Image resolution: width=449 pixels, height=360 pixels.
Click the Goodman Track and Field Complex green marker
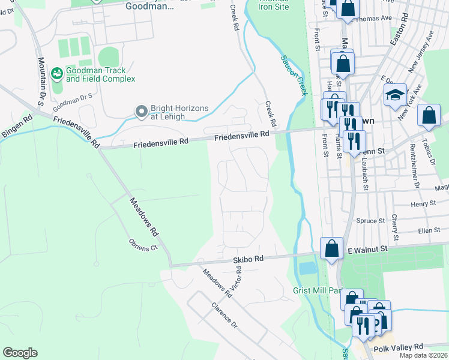coord(58,74)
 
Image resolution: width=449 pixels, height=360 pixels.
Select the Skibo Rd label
coord(248,259)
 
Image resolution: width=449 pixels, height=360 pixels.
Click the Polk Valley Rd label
coord(398,347)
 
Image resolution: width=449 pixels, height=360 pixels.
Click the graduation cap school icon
coord(395,95)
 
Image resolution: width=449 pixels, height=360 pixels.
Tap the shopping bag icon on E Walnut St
coord(331,248)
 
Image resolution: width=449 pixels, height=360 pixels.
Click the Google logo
coord(20,353)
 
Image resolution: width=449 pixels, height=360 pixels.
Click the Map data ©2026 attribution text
coord(423,355)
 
